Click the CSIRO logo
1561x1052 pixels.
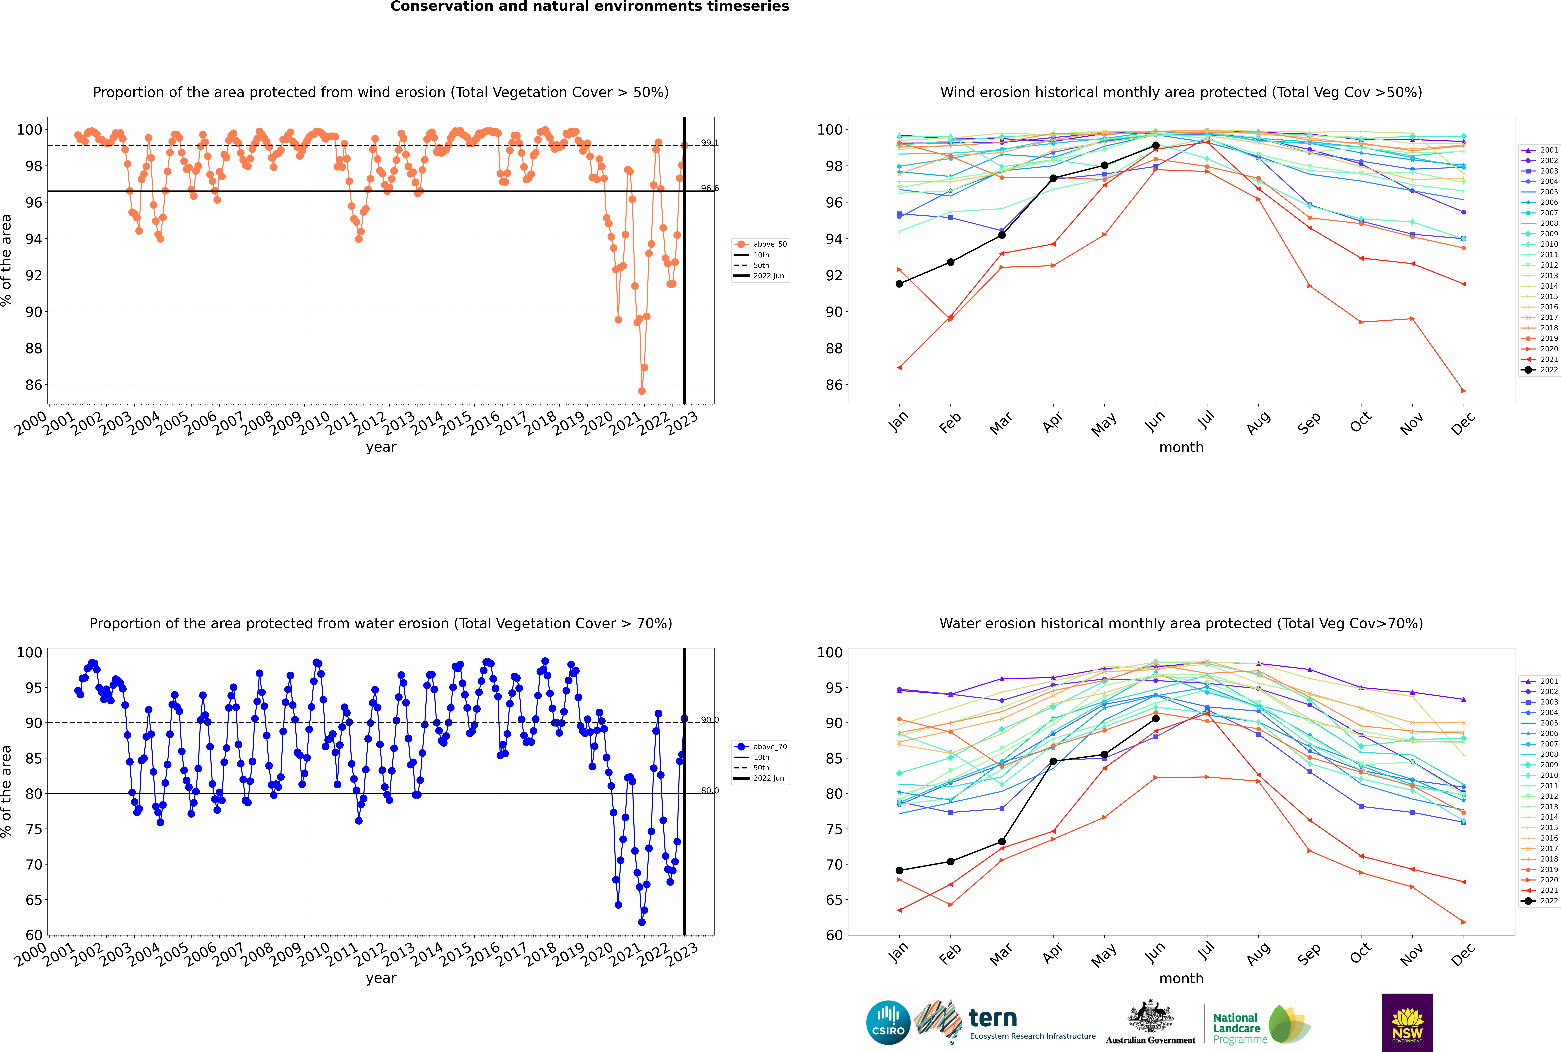[888, 1023]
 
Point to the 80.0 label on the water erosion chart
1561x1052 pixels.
[709, 790]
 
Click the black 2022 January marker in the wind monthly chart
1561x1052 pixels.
[899, 284]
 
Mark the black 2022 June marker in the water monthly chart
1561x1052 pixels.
[1156, 718]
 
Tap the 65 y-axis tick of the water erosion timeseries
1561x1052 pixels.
[33, 900]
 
